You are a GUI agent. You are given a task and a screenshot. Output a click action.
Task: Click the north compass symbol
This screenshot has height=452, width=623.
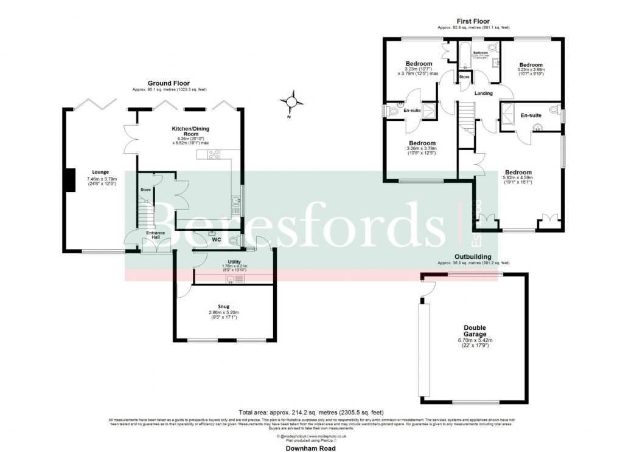click(x=291, y=101)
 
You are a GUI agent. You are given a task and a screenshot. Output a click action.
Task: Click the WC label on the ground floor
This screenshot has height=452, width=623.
click(x=216, y=239)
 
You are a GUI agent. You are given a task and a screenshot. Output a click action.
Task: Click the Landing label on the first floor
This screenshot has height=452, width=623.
click(x=483, y=93)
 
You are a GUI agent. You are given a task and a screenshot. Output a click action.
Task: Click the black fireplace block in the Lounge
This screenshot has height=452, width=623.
click(x=71, y=180)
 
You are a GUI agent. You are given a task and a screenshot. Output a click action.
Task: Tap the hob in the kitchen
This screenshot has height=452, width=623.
click(x=214, y=155)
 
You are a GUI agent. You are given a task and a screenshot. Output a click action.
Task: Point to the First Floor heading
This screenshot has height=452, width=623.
click(x=473, y=21)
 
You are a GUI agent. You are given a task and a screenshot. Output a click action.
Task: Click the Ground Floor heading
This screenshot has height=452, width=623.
click(x=169, y=83)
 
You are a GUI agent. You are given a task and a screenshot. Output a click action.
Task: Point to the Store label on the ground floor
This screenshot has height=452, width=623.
click(x=145, y=190)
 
